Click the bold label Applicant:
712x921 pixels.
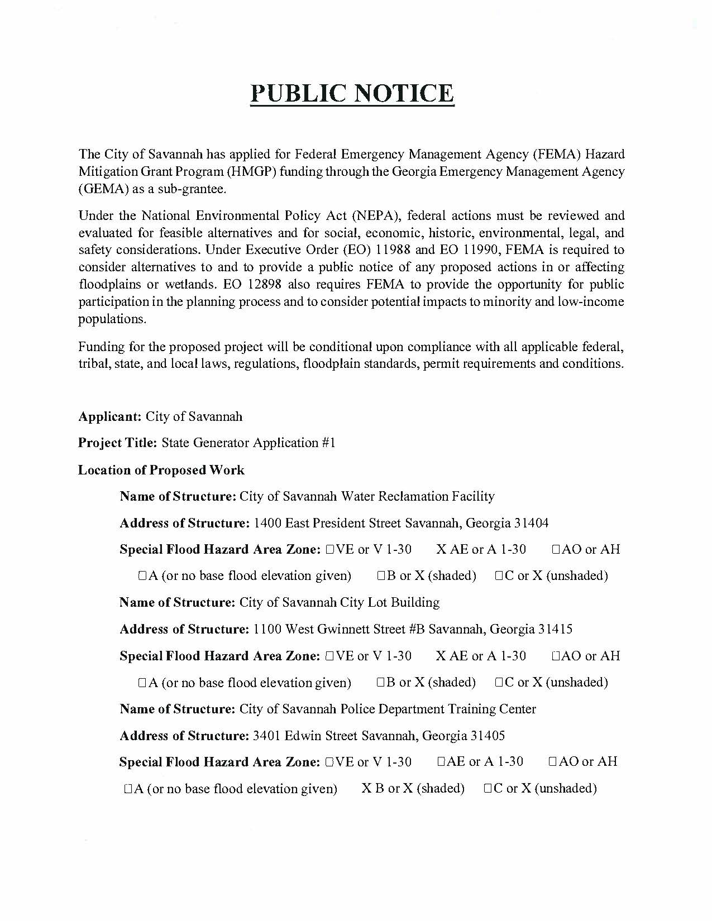point(110,416)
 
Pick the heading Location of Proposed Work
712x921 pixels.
point(161,470)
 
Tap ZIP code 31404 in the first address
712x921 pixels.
point(531,523)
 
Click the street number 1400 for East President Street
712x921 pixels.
point(267,523)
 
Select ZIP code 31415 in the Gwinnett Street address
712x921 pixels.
point(555,629)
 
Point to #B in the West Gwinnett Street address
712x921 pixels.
point(417,629)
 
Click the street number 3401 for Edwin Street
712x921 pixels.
point(267,736)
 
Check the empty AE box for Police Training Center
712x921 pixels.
point(441,762)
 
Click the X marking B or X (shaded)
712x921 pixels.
point(366,788)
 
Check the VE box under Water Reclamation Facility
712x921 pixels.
point(329,550)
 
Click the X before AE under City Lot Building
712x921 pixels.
point(441,656)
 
